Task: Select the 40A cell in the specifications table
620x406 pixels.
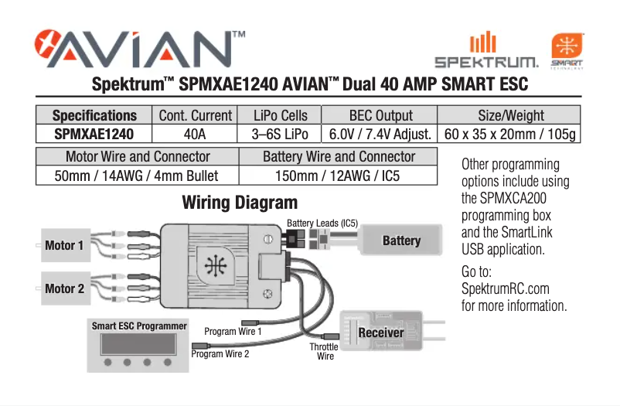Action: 195,134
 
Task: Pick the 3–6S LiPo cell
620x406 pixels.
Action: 281,134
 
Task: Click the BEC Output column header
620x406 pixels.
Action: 380,115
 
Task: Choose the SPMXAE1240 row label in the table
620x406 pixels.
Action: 94,134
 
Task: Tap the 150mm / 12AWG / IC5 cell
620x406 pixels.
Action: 339,176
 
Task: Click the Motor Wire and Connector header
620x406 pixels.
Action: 138,157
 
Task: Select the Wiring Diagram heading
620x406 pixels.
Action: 240,203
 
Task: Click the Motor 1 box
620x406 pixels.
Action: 65,246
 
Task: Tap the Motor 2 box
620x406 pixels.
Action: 65,288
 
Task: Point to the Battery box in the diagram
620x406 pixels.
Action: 401,241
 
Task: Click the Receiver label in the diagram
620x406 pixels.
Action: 381,333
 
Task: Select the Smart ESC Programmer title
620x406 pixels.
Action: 139,326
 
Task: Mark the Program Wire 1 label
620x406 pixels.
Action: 233,332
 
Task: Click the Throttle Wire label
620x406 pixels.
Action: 324,352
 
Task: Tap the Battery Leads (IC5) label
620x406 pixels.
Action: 322,223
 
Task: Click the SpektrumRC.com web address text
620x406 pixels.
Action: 505,289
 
